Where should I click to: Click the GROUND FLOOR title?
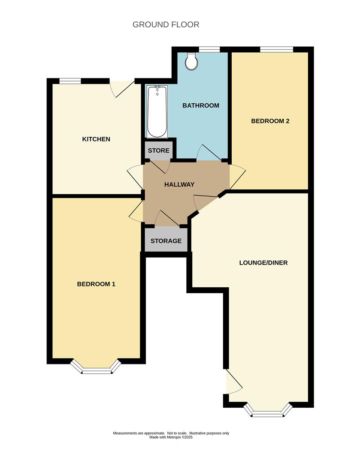point(166,24)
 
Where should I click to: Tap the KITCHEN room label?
point(96,139)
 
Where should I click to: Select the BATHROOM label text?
point(201,105)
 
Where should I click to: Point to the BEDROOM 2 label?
point(270,121)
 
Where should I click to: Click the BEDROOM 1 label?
point(96,284)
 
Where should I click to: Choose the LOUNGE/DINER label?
point(263,262)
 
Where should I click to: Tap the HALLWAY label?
point(179,184)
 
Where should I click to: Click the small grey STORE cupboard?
point(159,150)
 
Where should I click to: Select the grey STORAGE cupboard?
point(166,241)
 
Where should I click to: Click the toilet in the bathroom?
point(192,61)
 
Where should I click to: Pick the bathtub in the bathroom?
point(156,111)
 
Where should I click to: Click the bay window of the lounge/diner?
point(268,412)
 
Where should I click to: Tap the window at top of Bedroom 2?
point(276,49)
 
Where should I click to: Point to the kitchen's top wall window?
point(70,81)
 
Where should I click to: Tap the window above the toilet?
point(208,49)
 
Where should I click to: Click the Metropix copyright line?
point(171,438)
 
